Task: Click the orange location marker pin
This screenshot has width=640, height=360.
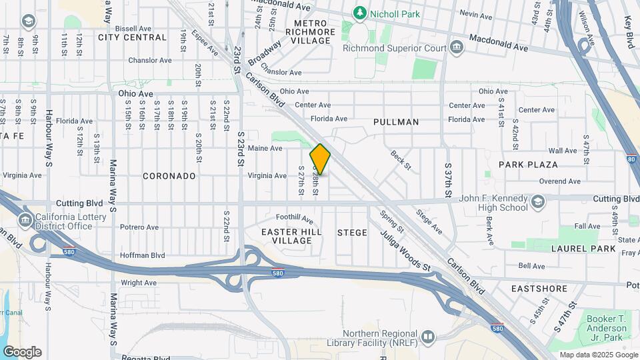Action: (x=320, y=159)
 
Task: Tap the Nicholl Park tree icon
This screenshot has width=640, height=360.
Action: (x=360, y=13)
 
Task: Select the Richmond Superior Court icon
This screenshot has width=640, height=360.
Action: (x=457, y=47)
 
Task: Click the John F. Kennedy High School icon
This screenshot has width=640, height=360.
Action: (x=538, y=202)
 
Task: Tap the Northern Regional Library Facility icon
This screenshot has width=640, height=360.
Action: (x=427, y=337)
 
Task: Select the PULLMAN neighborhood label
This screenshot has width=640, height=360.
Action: (x=396, y=122)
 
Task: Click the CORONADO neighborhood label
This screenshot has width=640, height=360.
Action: (x=169, y=176)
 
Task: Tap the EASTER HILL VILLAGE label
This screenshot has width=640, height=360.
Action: (x=291, y=236)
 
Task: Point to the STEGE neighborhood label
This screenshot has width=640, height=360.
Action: (x=352, y=233)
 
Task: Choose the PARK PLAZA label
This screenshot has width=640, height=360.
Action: (x=527, y=165)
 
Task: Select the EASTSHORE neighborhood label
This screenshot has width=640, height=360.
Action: (x=539, y=289)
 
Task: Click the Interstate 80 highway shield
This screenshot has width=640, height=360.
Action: (x=631, y=159)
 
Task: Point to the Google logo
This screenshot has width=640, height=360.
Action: (x=22, y=351)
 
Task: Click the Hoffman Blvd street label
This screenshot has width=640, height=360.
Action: (x=142, y=255)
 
